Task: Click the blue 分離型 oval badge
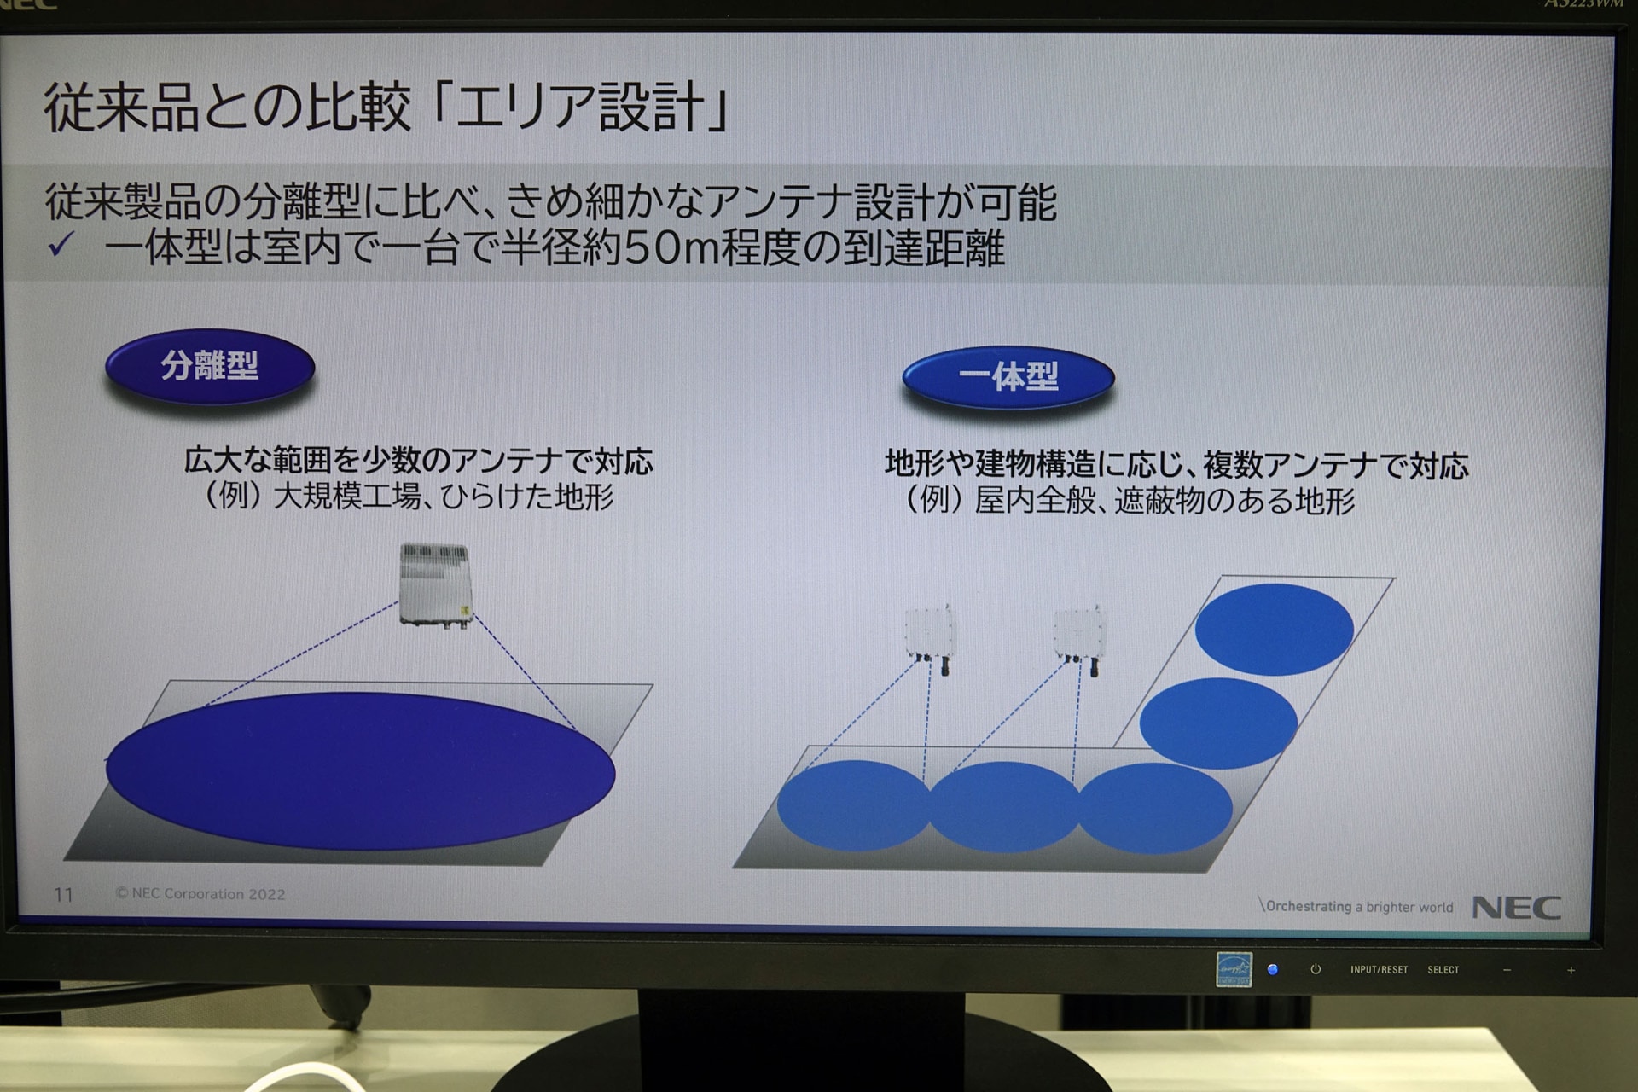tap(210, 367)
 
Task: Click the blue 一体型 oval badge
tap(1008, 377)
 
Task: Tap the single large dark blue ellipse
tap(360, 771)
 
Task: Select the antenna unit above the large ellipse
tap(436, 585)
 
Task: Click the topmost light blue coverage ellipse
tap(1274, 630)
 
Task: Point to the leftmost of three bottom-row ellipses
tap(854, 805)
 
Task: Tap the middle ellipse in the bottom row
tap(1004, 807)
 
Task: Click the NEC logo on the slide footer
tap(1517, 908)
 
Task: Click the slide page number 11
tap(63, 894)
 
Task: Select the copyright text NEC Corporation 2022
tap(200, 893)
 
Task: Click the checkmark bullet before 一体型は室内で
tap(61, 246)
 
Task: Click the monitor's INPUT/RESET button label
tap(1379, 969)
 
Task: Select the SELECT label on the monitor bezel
tap(1443, 970)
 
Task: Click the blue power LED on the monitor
tap(1273, 969)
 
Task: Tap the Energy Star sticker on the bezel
tap(1234, 969)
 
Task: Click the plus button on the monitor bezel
tap(1571, 970)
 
